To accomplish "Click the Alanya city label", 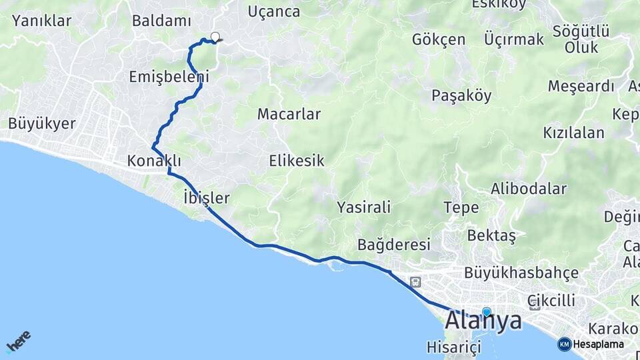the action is (x=483, y=321).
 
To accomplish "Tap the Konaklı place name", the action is (x=154, y=161).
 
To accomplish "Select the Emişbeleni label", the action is (x=169, y=77).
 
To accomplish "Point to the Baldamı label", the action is (x=161, y=21).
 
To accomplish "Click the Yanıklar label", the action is (x=41, y=21).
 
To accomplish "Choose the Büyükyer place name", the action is (x=42, y=123).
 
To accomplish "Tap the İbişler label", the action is (x=206, y=197).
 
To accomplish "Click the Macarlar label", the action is (x=289, y=114).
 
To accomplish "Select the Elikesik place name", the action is (x=297, y=161).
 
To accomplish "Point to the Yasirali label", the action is (x=364, y=207).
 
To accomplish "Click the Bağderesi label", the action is (x=394, y=245).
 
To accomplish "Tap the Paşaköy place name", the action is (x=461, y=95).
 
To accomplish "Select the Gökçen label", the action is (x=439, y=39).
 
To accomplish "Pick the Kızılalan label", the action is (x=573, y=132).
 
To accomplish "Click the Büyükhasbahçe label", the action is (x=521, y=273).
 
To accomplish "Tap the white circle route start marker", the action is (x=215, y=37).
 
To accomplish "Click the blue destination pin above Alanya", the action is (x=487, y=311).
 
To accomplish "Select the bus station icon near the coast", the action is (x=415, y=282).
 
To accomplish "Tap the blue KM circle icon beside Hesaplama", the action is (x=565, y=344).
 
